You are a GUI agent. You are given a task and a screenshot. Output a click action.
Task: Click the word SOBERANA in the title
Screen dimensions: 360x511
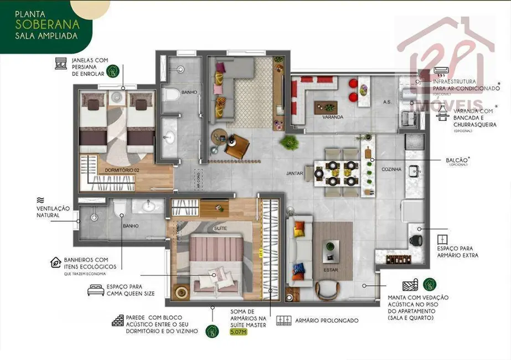pyautogui.click(x=47, y=24)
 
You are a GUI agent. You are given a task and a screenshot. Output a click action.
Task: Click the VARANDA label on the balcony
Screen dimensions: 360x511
pyautogui.click(x=333, y=117)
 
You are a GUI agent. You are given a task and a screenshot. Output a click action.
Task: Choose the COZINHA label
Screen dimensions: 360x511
pyautogui.click(x=391, y=169)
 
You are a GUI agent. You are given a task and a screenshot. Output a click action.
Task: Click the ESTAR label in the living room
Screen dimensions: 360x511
pyautogui.click(x=331, y=270)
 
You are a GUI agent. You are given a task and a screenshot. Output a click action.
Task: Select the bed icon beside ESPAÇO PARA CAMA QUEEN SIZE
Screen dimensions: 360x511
pyautogui.click(x=95, y=289)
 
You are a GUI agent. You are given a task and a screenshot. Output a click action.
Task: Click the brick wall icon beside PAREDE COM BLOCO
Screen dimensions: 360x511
pyautogui.click(x=117, y=321)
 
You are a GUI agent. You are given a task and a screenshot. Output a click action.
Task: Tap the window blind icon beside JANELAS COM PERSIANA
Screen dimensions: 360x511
pyautogui.click(x=61, y=64)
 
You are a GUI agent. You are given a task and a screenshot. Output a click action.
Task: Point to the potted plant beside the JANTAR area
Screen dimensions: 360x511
pyautogui.click(x=288, y=143)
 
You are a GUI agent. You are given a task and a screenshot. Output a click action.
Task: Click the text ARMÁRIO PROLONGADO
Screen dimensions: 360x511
pyautogui.click(x=327, y=321)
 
